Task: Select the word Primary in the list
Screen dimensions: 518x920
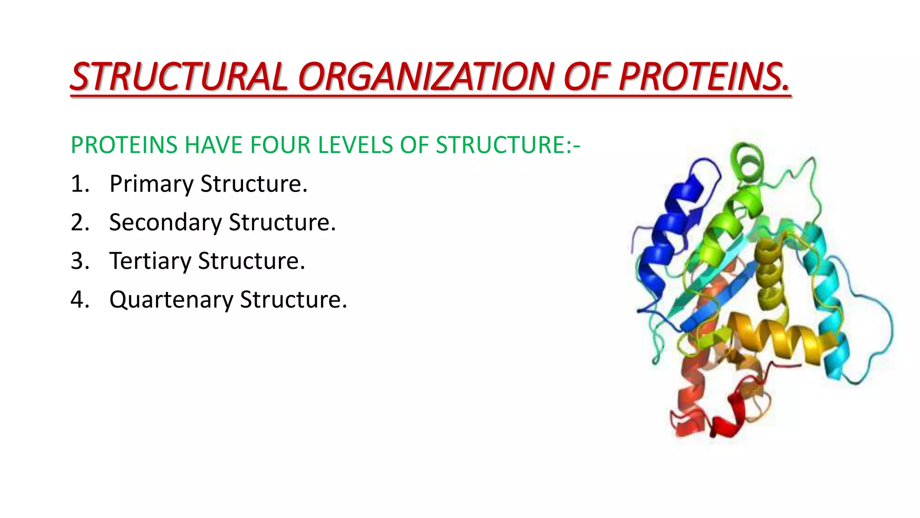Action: (x=151, y=184)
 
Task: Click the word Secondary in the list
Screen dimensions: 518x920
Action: (x=165, y=222)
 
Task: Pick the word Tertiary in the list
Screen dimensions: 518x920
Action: (x=150, y=261)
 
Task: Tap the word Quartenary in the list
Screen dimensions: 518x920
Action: (x=171, y=300)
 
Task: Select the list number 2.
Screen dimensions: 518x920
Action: (x=79, y=222)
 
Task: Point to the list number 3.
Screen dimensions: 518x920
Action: (x=79, y=261)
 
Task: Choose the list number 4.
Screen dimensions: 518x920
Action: (x=79, y=299)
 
